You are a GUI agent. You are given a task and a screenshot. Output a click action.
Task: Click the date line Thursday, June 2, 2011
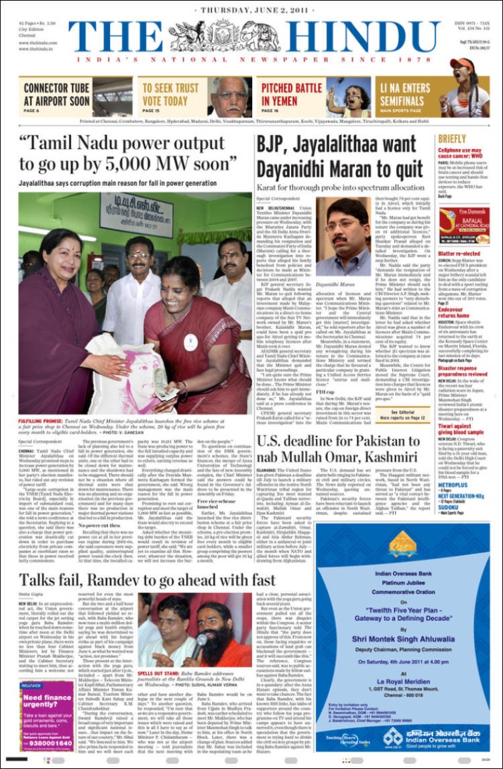251,10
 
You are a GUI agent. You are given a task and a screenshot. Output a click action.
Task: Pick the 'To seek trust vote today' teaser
168,95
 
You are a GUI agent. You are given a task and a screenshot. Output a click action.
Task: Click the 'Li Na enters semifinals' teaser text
405,94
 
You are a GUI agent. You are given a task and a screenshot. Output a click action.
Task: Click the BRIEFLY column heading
452,139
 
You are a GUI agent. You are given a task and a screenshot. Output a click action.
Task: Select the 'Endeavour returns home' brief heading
454,311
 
